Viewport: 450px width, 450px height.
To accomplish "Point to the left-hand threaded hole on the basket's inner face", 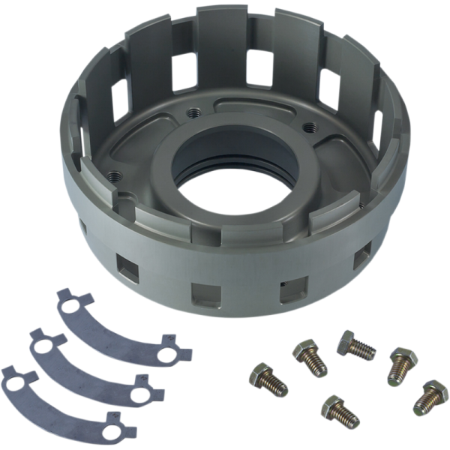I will point(114,176).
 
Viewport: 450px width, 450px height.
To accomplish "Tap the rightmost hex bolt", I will point(431,397).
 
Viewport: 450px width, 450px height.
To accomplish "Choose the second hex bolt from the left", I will point(310,357).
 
